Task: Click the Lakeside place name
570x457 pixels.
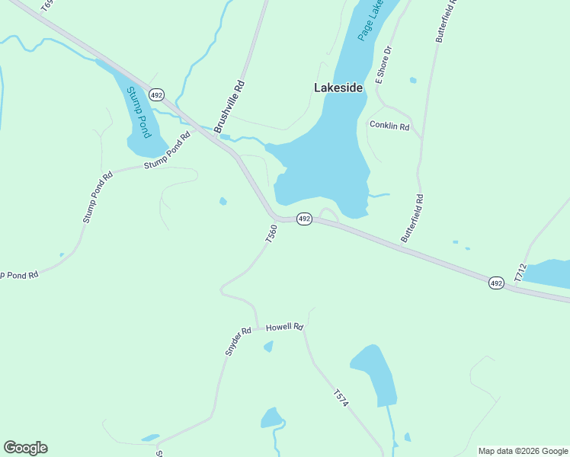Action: pyautogui.click(x=338, y=88)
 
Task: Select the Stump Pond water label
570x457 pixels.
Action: pyautogui.click(x=136, y=111)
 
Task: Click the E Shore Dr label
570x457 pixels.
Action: pyautogui.click(x=383, y=65)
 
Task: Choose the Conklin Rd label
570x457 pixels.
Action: pyautogui.click(x=389, y=126)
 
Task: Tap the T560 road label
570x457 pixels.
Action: pyautogui.click(x=271, y=233)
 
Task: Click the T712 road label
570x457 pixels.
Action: pyautogui.click(x=520, y=273)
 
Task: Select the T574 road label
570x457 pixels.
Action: pyautogui.click(x=341, y=398)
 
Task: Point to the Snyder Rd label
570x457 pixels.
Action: pyautogui.click(x=238, y=342)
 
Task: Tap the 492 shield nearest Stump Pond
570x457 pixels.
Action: pyautogui.click(x=156, y=94)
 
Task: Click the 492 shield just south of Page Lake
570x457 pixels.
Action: pyautogui.click(x=304, y=219)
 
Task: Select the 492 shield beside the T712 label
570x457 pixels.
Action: pyautogui.click(x=496, y=283)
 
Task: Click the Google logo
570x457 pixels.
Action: pyautogui.click(x=25, y=448)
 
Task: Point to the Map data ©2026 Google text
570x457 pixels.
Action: pyautogui.click(x=523, y=451)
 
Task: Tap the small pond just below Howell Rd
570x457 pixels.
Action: pyautogui.click(x=268, y=347)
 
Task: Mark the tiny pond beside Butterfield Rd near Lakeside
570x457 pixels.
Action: pyautogui.click(x=413, y=80)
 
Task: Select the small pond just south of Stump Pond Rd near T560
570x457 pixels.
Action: pyautogui.click(x=223, y=202)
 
